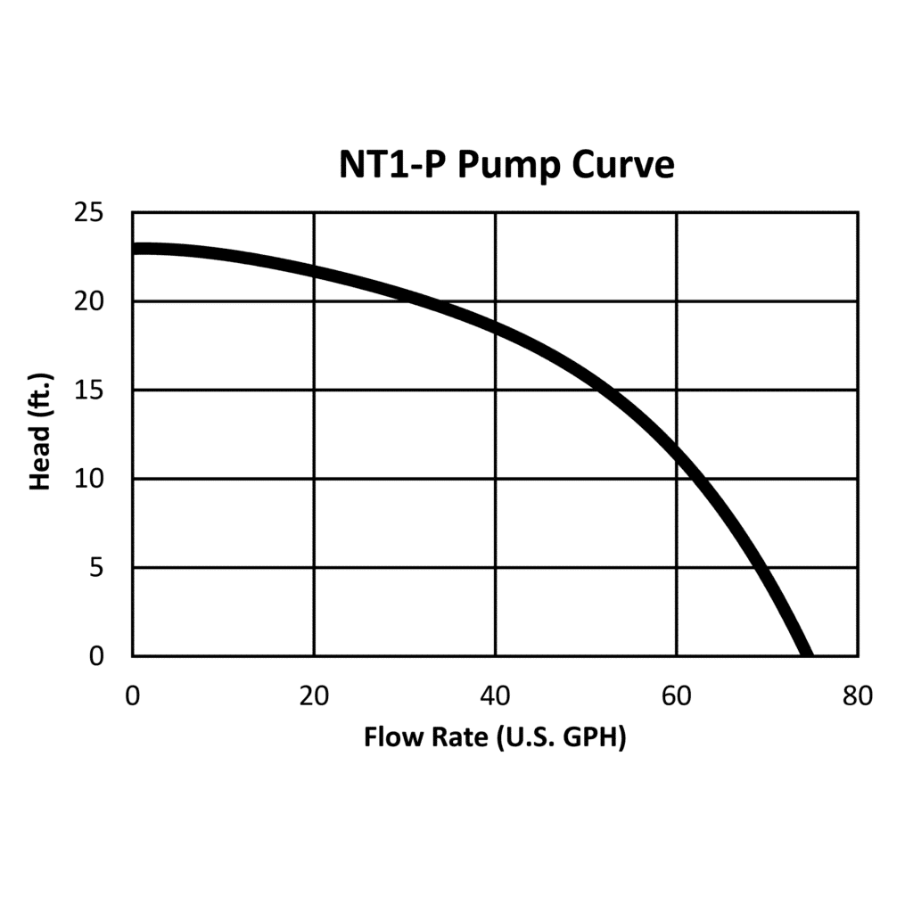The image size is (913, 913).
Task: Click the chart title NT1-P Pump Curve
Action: pyautogui.click(x=506, y=165)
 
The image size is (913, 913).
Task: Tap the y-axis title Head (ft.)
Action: pyautogui.click(x=40, y=432)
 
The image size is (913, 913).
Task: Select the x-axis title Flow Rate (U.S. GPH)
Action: pyautogui.click(x=495, y=738)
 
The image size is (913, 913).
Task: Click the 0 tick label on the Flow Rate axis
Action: pyautogui.click(x=133, y=695)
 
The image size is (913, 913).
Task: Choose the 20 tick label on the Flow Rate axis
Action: pyautogui.click(x=314, y=695)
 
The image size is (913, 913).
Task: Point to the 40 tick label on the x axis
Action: pyautogui.click(x=495, y=695)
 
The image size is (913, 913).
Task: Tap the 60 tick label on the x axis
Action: pyautogui.click(x=677, y=695)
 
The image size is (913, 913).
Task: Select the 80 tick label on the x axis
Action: pyautogui.click(x=858, y=695)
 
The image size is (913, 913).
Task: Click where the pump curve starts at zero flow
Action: pyautogui.click(x=136, y=249)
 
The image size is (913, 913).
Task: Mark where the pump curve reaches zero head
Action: pyautogui.click(x=805, y=654)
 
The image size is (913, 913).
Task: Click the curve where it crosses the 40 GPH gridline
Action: pyautogui.click(x=495, y=328)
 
